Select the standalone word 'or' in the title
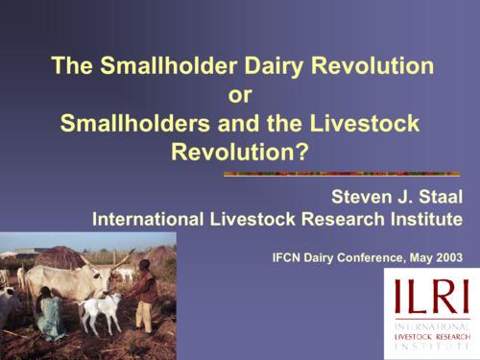[240, 95]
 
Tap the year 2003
[445, 257]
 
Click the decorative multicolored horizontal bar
[343, 174]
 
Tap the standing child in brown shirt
[145, 293]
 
